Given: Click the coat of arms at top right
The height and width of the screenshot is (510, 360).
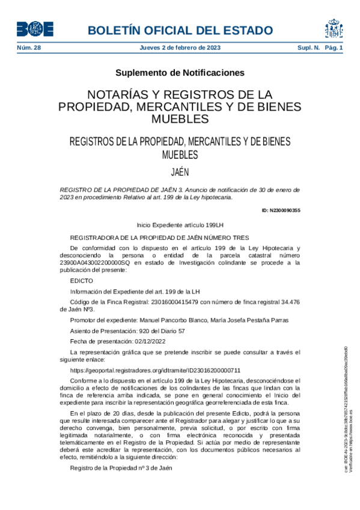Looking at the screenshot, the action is pyautogui.click(x=334, y=28).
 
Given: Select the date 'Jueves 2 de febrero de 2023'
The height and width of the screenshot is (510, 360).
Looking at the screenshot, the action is pyautogui.click(x=180, y=48).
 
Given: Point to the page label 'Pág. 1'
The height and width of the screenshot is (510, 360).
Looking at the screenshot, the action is pyautogui.click(x=333, y=48).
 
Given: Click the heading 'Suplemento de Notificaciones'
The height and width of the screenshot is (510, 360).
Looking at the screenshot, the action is pyautogui.click(x=180, y=73).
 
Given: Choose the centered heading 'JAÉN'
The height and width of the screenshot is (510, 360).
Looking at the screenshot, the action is pyautogui.click(x=180, y=171).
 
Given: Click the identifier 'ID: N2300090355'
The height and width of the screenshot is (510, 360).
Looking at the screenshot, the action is pyautogui.click(x=281, y=210).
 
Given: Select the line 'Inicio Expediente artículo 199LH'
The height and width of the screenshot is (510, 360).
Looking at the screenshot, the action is pyautogui.click(x=180, y=224).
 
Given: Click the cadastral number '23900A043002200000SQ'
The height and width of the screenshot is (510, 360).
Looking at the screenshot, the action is pyautogui.click(x=100, y=262).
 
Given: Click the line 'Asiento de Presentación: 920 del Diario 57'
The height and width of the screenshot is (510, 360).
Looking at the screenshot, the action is pyautogui.click(x=127, y=331).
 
